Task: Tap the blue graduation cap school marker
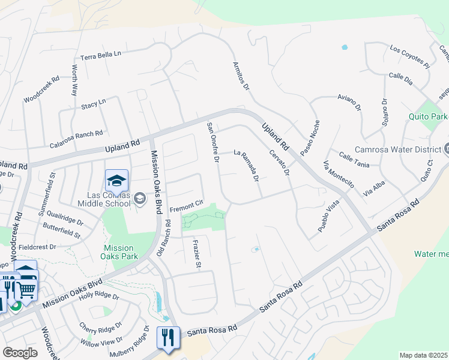116,179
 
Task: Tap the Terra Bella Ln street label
101,54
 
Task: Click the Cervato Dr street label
279,163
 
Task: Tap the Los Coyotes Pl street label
410,55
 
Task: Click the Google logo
20,353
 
